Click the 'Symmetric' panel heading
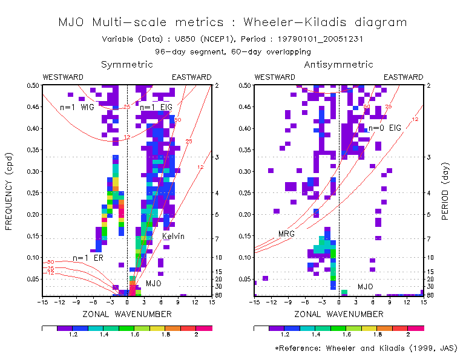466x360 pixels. coord(127,65)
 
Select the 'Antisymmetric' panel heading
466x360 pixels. coord(338,65)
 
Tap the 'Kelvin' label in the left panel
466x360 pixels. coord(173,236)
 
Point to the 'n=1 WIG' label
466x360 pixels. coord(77,107)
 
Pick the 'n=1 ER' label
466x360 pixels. coord(87,258)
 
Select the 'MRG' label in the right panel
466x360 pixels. coord(286,234)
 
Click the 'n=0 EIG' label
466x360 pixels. coord(385,128)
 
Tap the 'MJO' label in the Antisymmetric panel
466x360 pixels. coord(366,286)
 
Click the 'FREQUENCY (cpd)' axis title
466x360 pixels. coord(9,191)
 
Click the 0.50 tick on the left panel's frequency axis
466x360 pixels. coord(32,85)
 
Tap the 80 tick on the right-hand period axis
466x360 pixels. coord(427,295)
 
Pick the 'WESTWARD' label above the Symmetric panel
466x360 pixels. coord(63,77)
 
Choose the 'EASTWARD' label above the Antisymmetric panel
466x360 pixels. coord(404,77)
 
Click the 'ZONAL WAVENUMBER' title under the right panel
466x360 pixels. coord(338,314)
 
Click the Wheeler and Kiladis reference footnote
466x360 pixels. coord(366,349)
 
